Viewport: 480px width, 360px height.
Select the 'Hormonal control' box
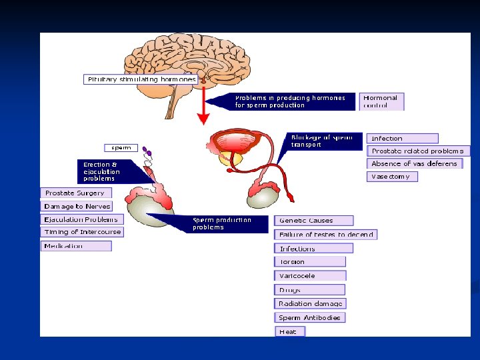(382, 101)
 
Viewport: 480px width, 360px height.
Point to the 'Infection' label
(402, 139)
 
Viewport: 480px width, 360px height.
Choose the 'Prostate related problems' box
(418, 151)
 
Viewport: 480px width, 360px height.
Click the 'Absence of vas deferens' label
(415, 163)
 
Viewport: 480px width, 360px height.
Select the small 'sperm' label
(121, 147)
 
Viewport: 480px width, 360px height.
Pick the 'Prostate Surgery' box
(75, 193)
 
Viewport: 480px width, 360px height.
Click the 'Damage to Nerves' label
(77, 207)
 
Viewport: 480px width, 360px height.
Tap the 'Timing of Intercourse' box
(82, 232)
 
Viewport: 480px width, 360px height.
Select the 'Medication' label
(76, 246)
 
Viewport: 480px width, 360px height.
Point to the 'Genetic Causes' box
(313, 221)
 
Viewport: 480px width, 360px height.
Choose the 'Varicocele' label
(310, 276)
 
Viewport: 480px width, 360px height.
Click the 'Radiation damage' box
(310, 304)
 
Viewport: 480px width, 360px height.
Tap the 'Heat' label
(290, 331)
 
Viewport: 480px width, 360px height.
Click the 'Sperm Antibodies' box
(310, 317)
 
